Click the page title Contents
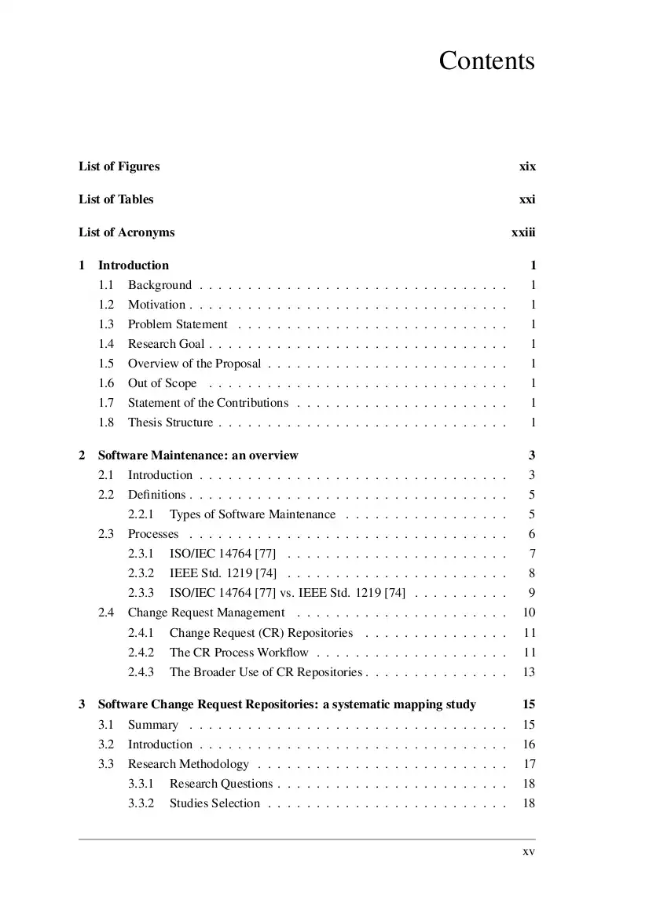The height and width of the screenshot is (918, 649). click(486, 61)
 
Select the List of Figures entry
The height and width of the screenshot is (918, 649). click(119, 166)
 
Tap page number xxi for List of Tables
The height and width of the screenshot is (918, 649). click(527, 199)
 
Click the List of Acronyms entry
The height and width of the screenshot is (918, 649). click(126, 232)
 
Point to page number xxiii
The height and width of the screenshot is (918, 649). click(523, 232)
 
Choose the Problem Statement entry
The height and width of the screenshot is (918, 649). click(178, 324)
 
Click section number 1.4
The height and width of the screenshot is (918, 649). click(106, 344)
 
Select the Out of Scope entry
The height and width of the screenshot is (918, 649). click(163, 383)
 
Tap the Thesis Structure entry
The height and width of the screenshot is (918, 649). click(170, 422)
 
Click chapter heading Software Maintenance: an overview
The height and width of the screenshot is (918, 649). click(198, 455)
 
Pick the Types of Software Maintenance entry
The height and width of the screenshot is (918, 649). click(252, 514)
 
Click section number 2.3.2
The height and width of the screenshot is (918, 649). click(141, 573)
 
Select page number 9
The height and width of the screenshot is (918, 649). click(532, 593)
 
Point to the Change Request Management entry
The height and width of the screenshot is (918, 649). click(206, 613)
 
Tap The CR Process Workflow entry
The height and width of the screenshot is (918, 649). click(239, 653)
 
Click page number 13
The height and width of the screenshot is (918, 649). click(529, 672)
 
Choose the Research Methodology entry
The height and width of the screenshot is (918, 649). click(189, 764)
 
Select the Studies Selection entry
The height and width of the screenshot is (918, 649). click(214, 803)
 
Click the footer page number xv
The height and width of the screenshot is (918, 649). click(529, 851)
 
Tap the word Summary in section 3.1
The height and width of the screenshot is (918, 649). click(153, 725)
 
